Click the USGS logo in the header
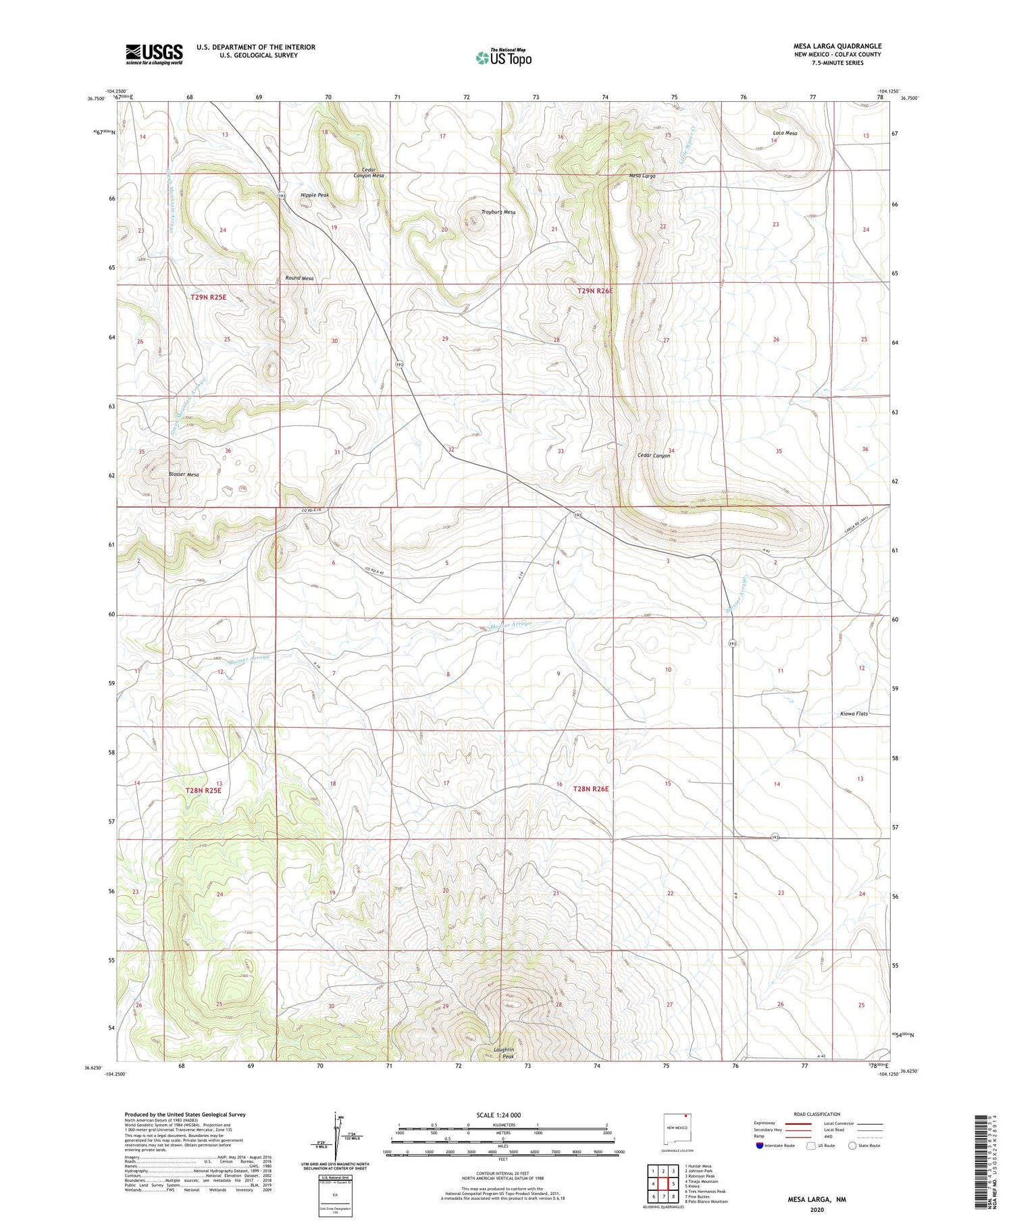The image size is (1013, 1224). [154, 54]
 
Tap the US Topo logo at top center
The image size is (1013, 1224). [503, 58]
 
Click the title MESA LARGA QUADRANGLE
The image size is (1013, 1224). [837, 46]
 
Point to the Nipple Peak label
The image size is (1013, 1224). [315, 195]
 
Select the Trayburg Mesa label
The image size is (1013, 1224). [498, 212]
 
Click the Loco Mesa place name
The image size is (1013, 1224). [785, 133]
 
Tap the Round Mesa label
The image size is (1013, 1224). [299, 278]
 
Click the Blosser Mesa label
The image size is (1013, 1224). [184, 475]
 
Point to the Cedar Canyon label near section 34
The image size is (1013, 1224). [654, 456]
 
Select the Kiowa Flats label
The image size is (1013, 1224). [854, 714]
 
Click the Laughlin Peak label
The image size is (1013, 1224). [504, 1053]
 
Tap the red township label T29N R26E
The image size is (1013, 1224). [595, 291]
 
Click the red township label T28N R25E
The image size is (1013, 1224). [203, 790]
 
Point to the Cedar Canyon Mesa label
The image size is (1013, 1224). [369, 172]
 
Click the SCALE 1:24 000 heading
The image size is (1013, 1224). [498, 1115]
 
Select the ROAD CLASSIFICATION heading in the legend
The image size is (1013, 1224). [817, 1115]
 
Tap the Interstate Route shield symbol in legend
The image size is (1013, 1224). [761, 1146]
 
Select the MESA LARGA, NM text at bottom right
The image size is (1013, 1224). [816, 1200]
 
